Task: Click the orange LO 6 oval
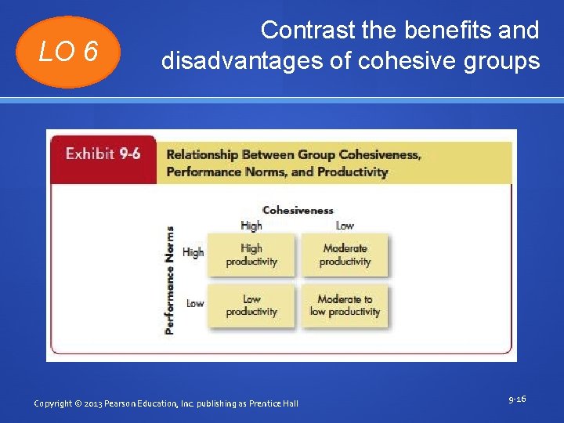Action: pyautogui.click(x=70, y=52)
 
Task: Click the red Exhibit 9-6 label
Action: pyautogui.click(x=103, y=154)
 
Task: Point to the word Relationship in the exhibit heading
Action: pyautogui.click(x=202, y=155)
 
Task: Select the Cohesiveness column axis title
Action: pyautogui.click(x=298, y=210)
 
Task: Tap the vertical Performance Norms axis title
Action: pyautogui.click(x=170, y=280)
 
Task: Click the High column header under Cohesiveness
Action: pyautogui.click(x=251, y=226)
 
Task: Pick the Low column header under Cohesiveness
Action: pyautogui.click(x=345, y=226)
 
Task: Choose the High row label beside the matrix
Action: pyautogui.click(x=193, y=252)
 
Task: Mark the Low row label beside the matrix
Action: pyautogui.click(x=195, y=303)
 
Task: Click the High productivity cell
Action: pyautogui.click(x=251, y=255)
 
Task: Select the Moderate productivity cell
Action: pyautogui.click(x=345, y=255)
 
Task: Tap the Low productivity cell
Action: pyautogui.click(x=251, y=305)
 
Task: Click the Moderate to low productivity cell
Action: pyautogui.click(x=345, y=305)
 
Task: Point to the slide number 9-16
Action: pyautogui.click(x=517, y=399)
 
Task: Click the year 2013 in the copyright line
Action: pyautogui.click(x=98, y=403)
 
